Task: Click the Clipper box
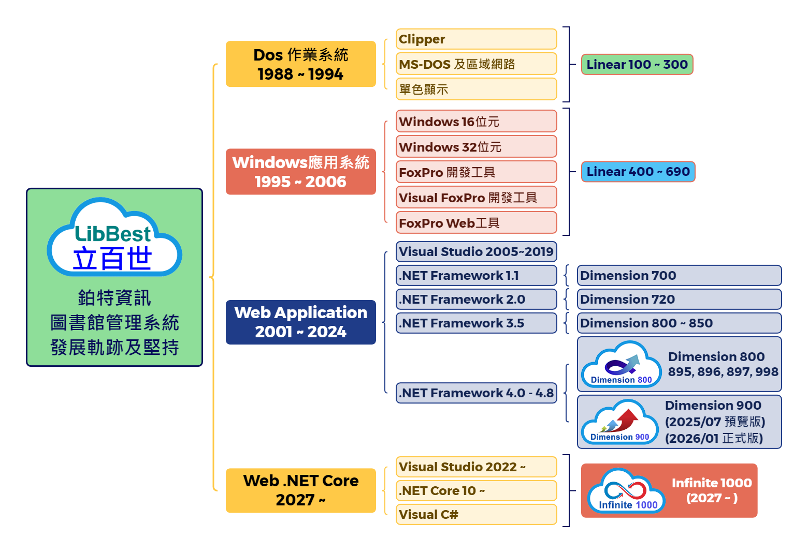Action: point(476,39)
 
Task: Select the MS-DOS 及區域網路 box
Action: point(476,64)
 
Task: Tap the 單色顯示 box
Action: point(476,89)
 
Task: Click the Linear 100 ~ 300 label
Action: point(637,65)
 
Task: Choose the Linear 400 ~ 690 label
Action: point(638,172)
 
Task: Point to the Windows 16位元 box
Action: point(476,122)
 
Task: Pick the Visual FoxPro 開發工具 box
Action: point(476,198)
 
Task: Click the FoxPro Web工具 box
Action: point(476,223)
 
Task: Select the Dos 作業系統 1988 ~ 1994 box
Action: point(300,64)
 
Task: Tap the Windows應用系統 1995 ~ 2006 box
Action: point(300,172)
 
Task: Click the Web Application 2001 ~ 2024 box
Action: point(300,322)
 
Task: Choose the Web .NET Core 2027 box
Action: point(300,490)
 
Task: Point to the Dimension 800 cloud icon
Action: point(621,365)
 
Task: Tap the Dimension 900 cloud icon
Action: point(619,422)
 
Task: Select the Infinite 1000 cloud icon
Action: point(627,490)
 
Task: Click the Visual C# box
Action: point(476,515)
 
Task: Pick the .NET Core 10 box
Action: point(476,490)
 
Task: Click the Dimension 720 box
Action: point(679,299)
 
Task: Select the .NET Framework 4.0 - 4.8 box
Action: point(476,393)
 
